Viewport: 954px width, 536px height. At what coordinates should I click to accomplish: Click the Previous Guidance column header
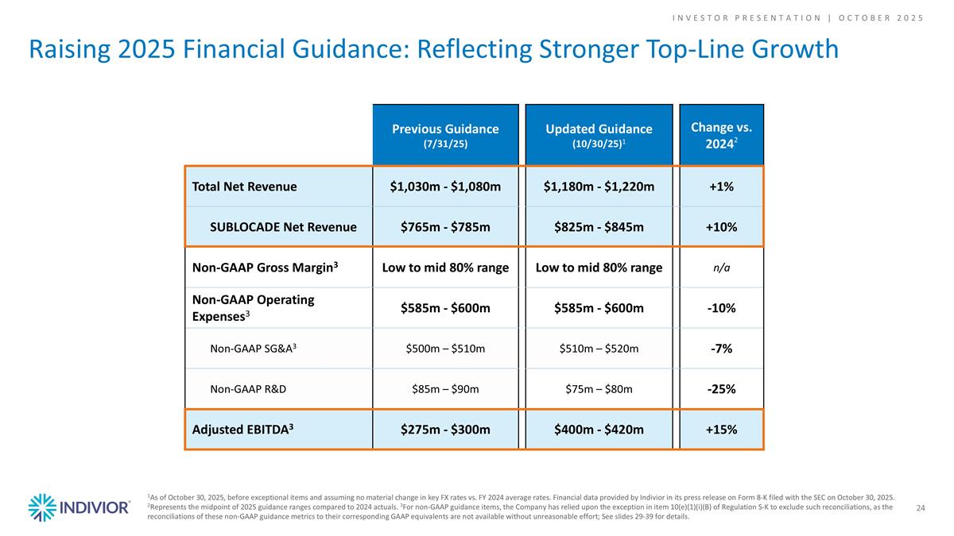click(x=444, y=135)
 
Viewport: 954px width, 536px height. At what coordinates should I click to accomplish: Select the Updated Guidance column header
click(x=599, y=135)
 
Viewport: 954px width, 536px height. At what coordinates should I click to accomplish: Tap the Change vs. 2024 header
click(x=721, y=135)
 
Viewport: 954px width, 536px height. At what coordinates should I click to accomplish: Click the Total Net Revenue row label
click(x=244, y=187)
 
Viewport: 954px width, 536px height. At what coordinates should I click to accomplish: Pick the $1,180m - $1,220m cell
click(x=599, y=187)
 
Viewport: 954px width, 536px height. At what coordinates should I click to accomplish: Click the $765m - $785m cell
click(x=444, y=227)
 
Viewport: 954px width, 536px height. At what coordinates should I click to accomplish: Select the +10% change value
click(x=721, y=227)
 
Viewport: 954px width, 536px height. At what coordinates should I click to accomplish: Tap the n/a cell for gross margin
click(x=721, y=268)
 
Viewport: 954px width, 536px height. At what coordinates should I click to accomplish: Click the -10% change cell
click(x=721, y=307)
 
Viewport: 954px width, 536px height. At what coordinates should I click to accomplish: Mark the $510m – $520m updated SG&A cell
click(x=599, y=349)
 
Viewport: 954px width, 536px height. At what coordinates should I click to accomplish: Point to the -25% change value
click(x=721, y=390)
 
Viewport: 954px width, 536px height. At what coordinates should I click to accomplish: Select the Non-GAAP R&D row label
click(x=248, y=390)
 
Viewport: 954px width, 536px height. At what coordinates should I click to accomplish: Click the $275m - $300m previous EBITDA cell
click(x=444, y=430)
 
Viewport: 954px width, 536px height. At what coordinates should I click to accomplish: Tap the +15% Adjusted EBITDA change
click(x=721, y=430)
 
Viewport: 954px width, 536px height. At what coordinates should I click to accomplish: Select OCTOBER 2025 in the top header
click(x=882, y=17)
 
